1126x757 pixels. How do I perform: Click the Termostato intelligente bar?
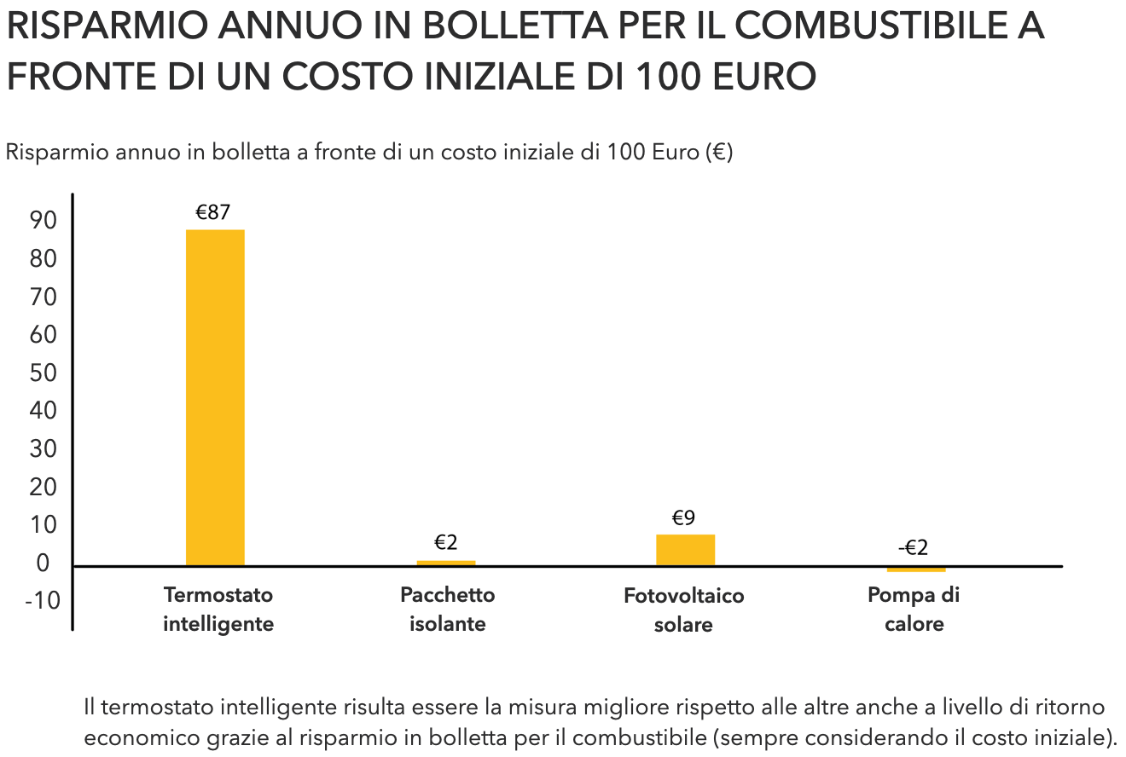tap(215, 397)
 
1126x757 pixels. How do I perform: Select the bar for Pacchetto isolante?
tap(445, 563)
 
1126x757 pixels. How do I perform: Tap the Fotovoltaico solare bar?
tap(685, 550)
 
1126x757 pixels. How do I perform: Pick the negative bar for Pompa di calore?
tap(916, 569)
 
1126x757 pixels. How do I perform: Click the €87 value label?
tap(213, 212)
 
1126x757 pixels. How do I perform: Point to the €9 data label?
tap(684, 517)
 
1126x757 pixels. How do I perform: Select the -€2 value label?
tap(913, 548)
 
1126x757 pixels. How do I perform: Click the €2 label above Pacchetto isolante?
tap(446, 543)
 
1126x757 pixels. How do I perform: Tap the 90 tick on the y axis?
tap(44, 221)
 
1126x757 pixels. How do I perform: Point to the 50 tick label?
tap(44, 373)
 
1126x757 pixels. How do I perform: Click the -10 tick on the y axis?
tap(42, 600)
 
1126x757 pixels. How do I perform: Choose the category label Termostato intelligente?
tap(218, 609)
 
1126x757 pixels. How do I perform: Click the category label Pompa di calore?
tap(914, 609)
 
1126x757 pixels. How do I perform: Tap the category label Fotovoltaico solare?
tap(683, 610)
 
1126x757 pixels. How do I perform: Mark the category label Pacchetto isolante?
tap(448, 609)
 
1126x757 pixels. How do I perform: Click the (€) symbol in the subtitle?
tap(720, 153)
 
